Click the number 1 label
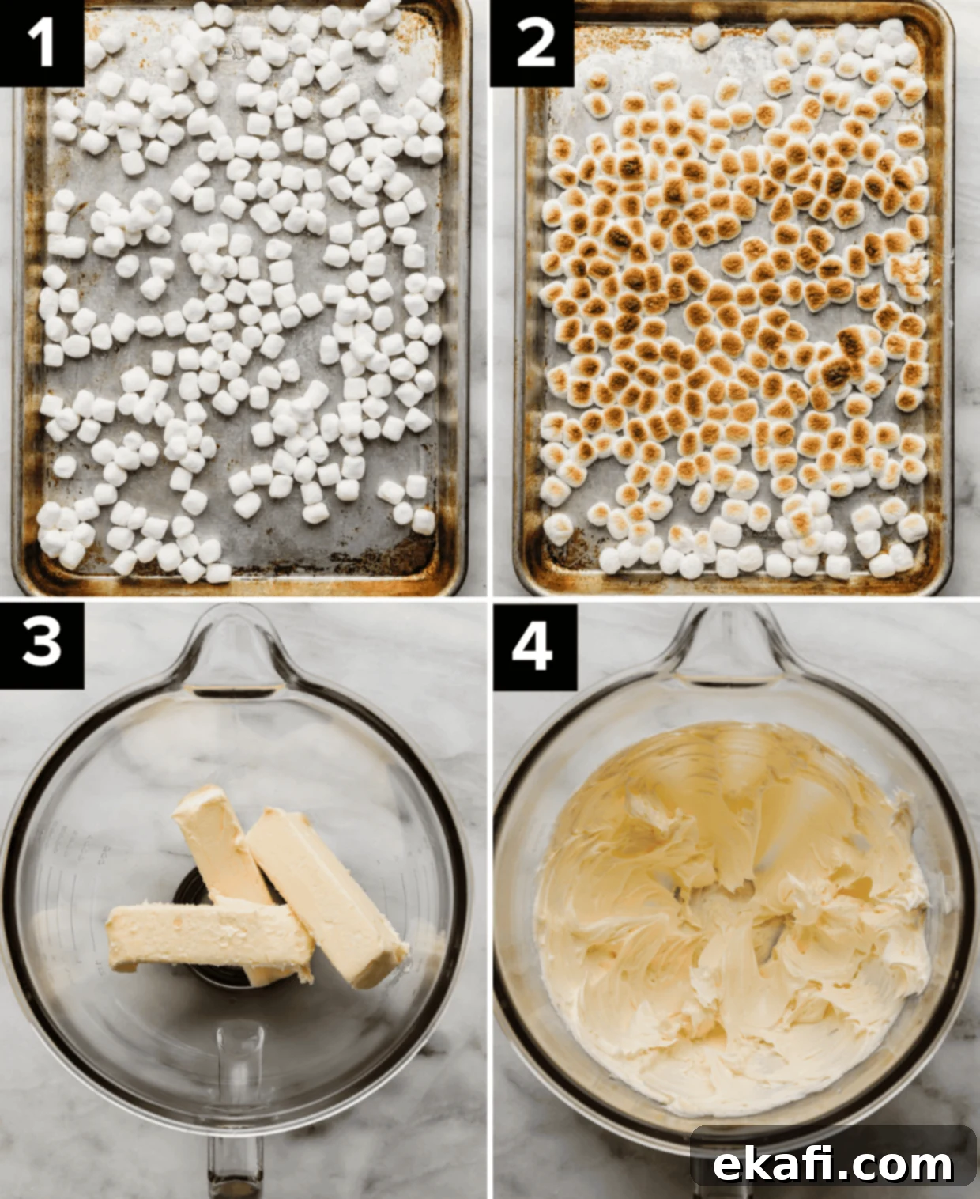[42, 43]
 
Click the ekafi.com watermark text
[832, 1149]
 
